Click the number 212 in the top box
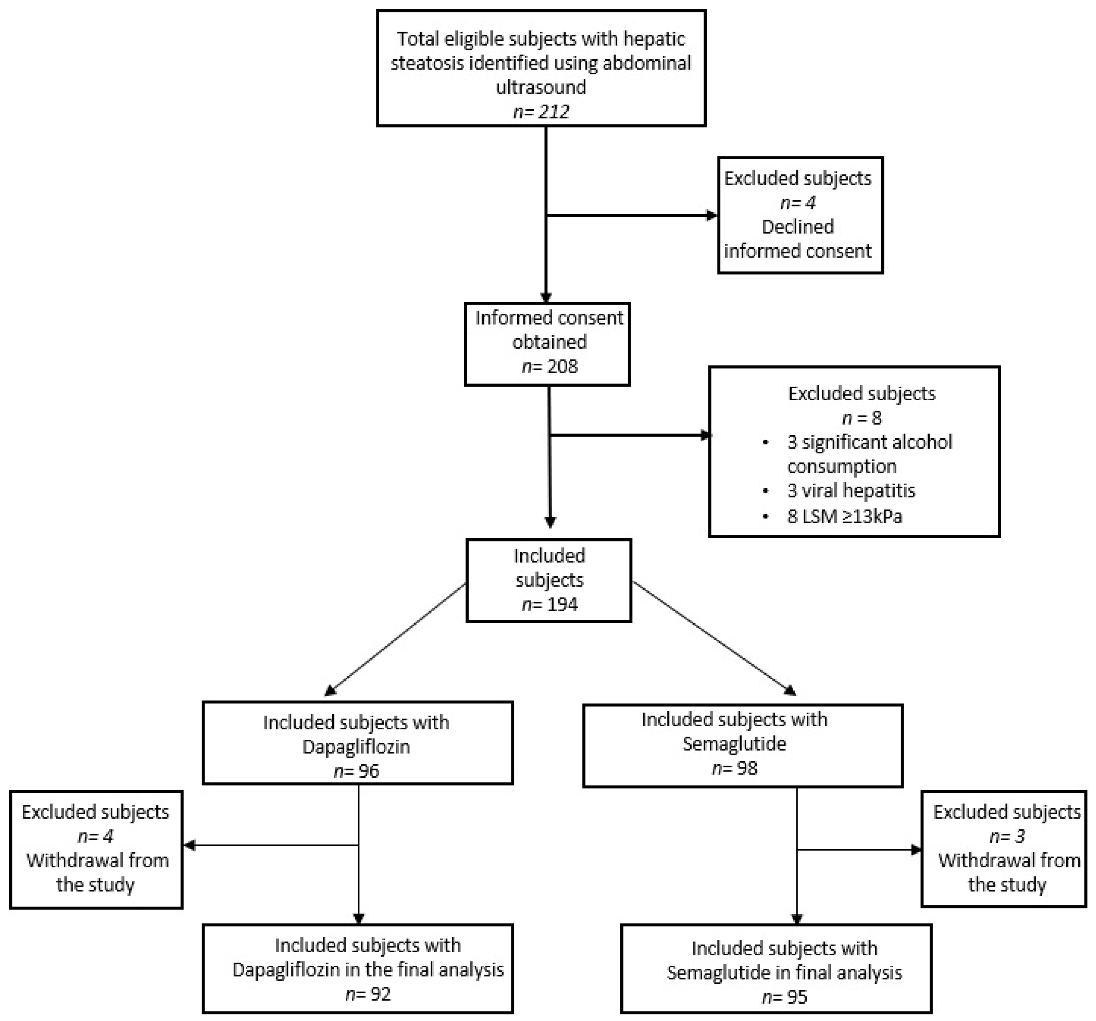(554, 112)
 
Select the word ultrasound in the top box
(541, 87)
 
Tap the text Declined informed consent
(797, 239)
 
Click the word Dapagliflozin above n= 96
(356, 747)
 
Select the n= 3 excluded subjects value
(1007, 836)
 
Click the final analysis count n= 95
(784, 997)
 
